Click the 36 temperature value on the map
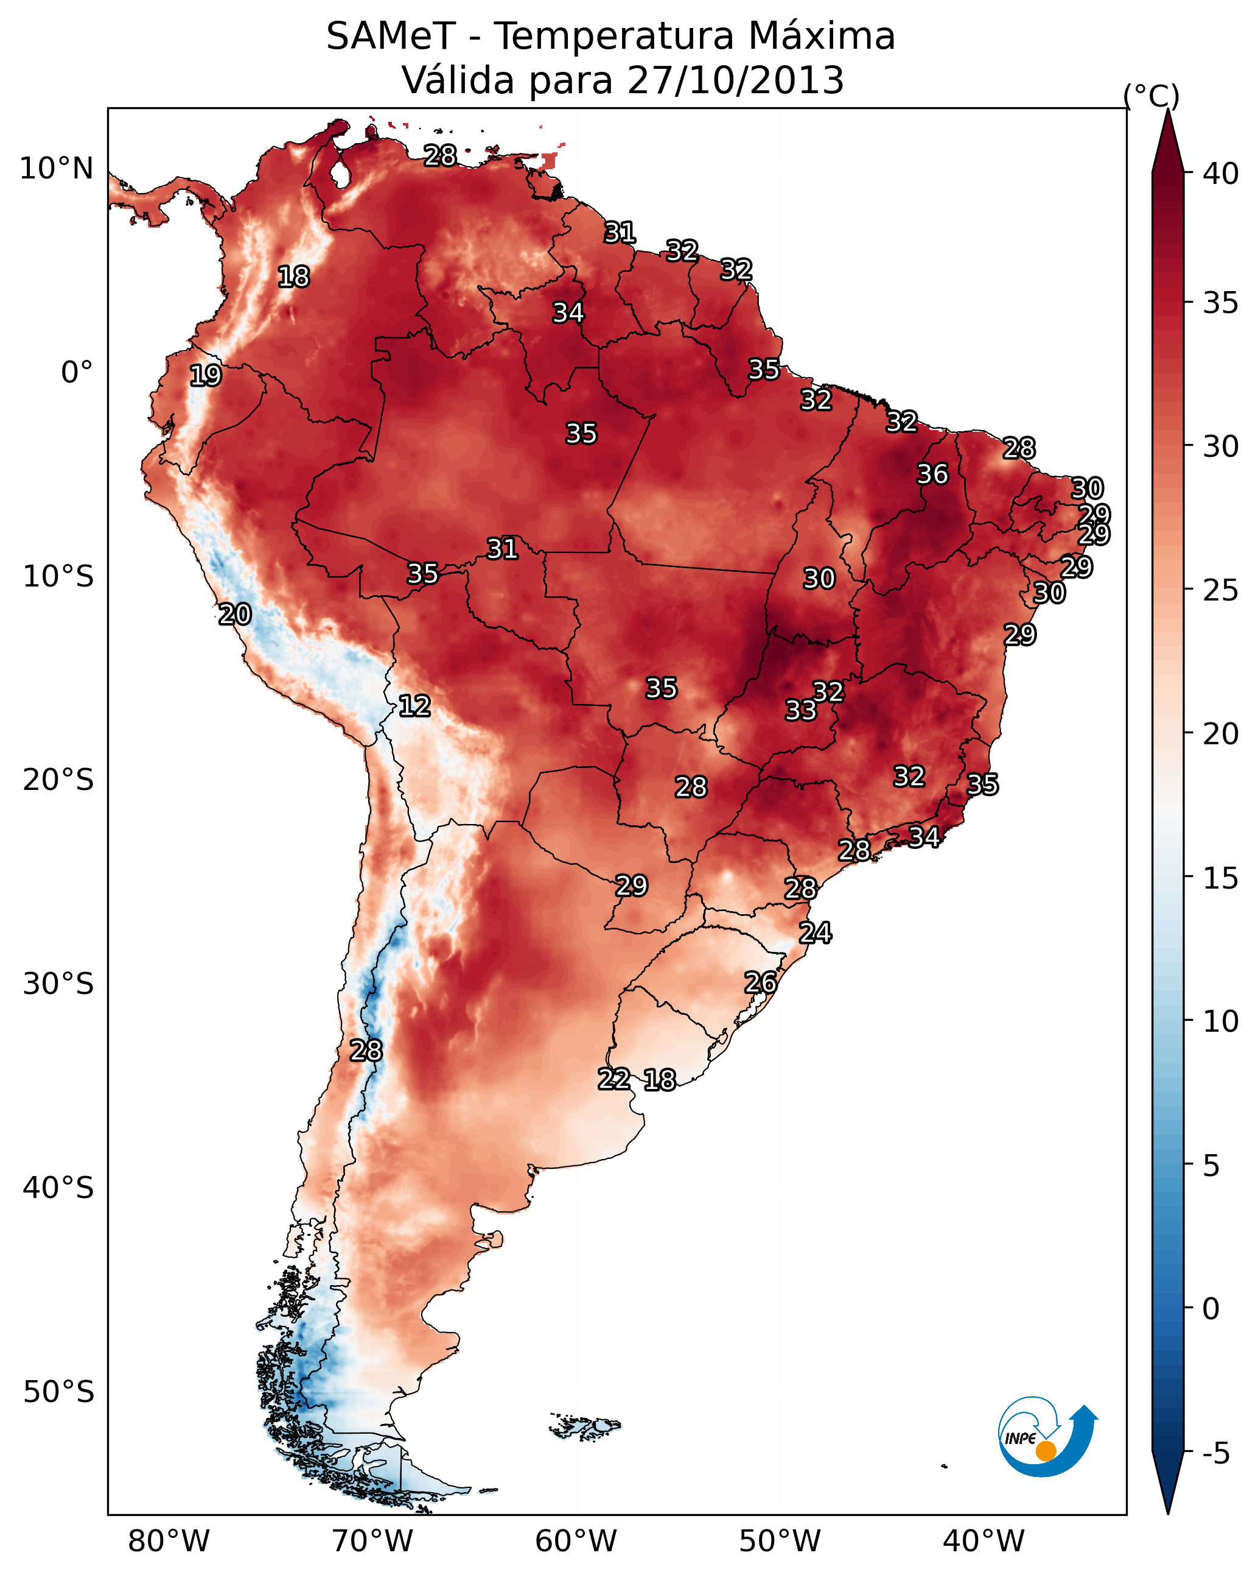[x=932, y=474]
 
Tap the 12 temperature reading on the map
[x=414, y=706]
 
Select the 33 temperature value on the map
[x=800, y=710]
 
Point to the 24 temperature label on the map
[x=815, y=933]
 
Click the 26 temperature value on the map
[x=760, y=982]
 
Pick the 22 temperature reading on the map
[x=613, y=1079]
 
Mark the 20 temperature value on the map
[x=234, y=615]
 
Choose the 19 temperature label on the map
[x=205, y=376]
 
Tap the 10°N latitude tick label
[x=56, y=169]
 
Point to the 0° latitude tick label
[x=77, y=373]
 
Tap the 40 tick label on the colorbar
[x=1221, y=174]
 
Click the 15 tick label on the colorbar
[x=1221, y=878]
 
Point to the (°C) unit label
[x=1151, y=96]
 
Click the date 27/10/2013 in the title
[x=735, y=80]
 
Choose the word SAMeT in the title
[x=391, y=37]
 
